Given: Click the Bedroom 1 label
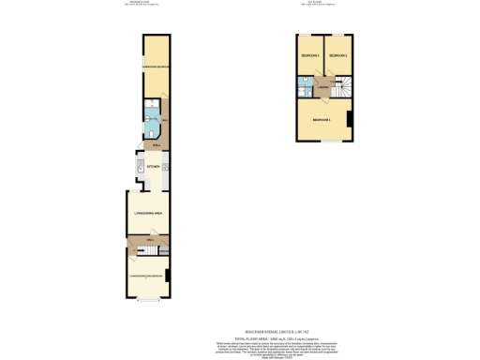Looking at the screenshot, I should click(x=322, y=120).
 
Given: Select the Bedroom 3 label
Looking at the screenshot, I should click(x=310, y=57).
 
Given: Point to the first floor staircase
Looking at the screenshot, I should click(x=340, y=86).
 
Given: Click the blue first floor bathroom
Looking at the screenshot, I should click(x=306, y=86).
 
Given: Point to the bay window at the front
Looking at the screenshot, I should click(x=145, y=300).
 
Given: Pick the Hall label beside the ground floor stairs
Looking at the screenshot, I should click(x=150, y=240).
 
